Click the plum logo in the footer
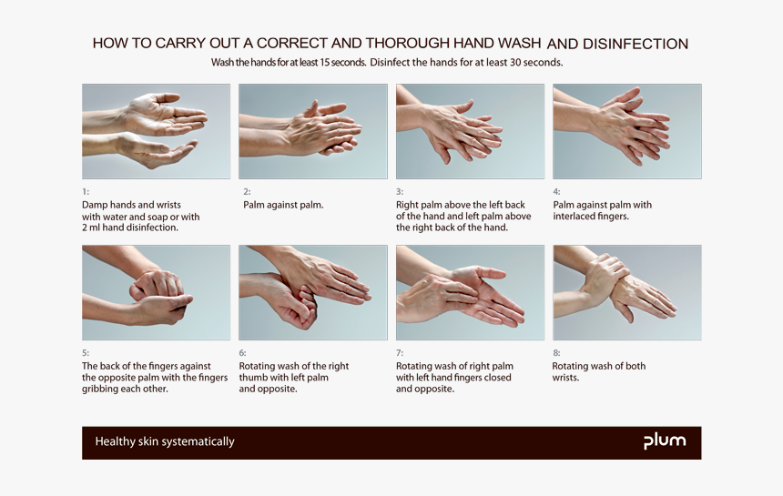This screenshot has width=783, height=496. [665, 442]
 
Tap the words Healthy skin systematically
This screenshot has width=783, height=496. [165, 442]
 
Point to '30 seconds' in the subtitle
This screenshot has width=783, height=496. [532, 63]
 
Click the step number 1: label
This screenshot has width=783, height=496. [86, 192]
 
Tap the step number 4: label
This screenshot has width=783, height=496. [556, 192]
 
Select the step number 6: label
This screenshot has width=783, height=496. [243, 353]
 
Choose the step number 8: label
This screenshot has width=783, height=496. [556, 353]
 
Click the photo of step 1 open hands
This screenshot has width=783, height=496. [156, 131]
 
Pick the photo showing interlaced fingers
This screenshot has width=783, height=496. [626, 131]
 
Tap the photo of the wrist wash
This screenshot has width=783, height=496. [626, 292]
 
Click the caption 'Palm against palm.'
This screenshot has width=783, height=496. [283, 206]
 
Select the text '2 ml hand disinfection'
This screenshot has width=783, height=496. [130, 228]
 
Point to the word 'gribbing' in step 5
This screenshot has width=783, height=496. [102, 390]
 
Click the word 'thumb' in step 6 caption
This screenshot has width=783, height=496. [254, 378]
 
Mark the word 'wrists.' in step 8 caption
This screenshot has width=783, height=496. [565, 378]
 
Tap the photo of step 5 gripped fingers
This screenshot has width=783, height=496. [156, 292]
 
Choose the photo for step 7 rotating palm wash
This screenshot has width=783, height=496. [470, 292]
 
